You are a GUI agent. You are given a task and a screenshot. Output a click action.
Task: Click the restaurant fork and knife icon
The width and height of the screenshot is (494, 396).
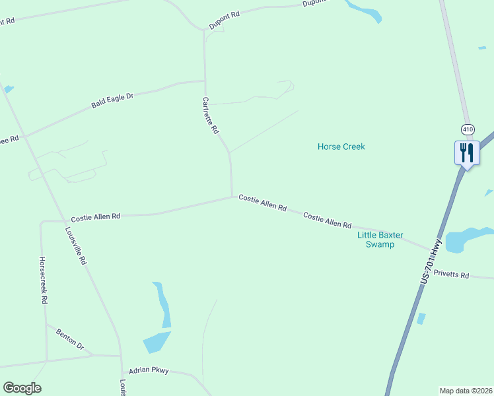point(467,152)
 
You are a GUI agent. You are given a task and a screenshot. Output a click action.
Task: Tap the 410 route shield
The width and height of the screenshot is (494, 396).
point(468,129)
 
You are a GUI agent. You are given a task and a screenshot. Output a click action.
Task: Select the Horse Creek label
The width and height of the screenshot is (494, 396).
point(341,147)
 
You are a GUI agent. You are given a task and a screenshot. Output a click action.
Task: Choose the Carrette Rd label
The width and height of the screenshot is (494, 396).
point(210,115)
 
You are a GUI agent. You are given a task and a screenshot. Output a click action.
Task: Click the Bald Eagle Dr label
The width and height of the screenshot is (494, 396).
point(112,100)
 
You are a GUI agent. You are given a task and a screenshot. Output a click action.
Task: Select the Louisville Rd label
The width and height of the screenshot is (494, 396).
point(76,246)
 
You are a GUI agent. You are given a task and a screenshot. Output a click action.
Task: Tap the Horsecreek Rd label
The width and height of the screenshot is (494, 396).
point(44,280)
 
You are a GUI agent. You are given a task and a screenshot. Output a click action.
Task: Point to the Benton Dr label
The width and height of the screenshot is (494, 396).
point(70,339)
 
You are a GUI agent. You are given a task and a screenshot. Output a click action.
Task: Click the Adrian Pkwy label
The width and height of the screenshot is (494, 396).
point(149,371)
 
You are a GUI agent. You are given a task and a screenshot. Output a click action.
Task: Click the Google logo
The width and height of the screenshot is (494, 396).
point(22,388)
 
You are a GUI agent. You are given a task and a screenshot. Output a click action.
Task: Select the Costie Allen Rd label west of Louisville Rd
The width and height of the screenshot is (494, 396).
point(96,216)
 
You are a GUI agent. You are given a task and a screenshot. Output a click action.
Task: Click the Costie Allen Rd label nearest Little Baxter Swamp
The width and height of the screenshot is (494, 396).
point(327,220)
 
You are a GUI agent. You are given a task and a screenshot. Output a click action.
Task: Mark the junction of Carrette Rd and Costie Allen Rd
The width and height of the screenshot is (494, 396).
point(232,195)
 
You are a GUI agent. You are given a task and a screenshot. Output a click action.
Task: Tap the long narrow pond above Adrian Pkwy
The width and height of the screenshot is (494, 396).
point(162,305)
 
